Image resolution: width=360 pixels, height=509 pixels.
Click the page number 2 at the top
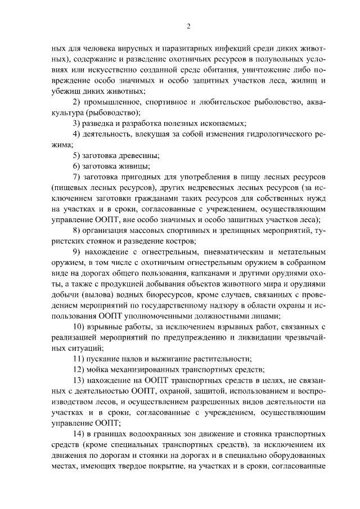pos(189,26)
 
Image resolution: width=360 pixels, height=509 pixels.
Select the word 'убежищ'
pos(64,92)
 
